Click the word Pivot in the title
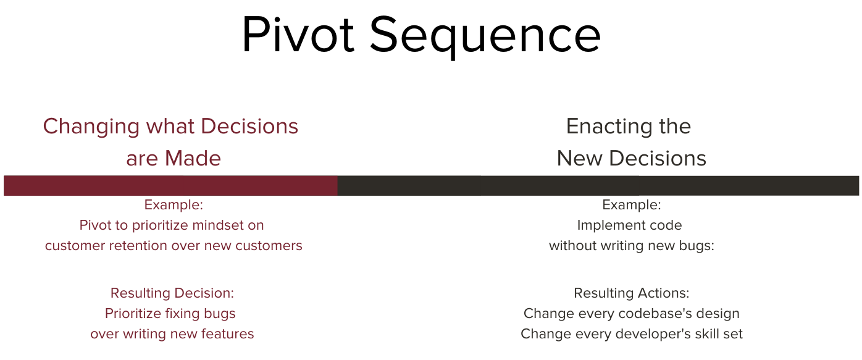pyautogui.click(x=298, y=34)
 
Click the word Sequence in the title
pyautogui.click(x=485, y=38)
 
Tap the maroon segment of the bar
pyautogui.click(x=170, y=186)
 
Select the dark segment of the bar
pyautogui.click(x=598, y=186)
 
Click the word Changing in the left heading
pyautogui.click(x=91, y=127)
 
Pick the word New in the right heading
pyautogui.click(x=580, y=158)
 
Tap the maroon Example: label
pyautogui.click(x=174, y=205)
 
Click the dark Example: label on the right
pyautogui.click(x=632, y=205)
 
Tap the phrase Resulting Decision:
pyautogui.click(x=172, y=293)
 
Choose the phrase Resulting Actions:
pyautogui.click(x=632, y=293)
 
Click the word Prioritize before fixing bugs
pyautogui.click(x=133, y=314)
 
